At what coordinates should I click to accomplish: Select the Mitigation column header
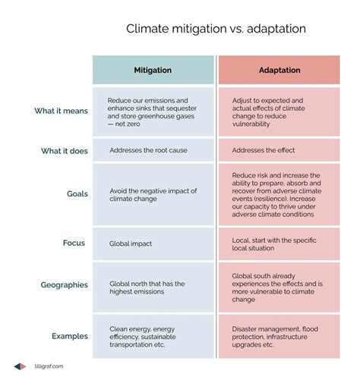point(153,71)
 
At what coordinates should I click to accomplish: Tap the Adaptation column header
point(278,71)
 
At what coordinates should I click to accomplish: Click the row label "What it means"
point(61,112)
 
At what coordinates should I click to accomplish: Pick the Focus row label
point(74,243)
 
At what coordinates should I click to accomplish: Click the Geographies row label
point(65,285)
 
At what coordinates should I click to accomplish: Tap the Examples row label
point(70,335)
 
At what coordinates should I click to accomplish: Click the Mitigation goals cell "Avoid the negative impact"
point(153,194)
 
